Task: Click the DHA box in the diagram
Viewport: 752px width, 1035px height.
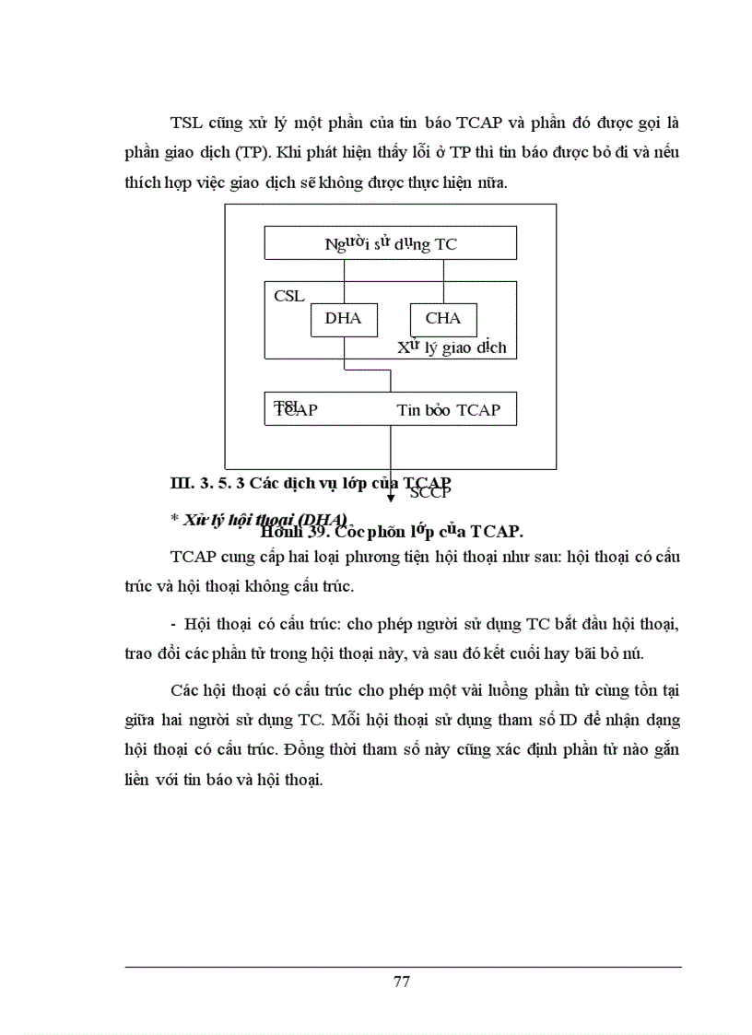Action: pyautogui.click(x=344, y=319)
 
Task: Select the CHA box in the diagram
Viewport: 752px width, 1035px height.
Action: pyautogui.click(x=443, y=319)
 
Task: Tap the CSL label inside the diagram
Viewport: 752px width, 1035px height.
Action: pyautogui.click(x=288, y=297)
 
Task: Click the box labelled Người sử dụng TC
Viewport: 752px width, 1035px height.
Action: pyautogui.click(x=390, y=243)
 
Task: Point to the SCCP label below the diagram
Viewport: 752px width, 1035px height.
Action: pyautogui.click(x=429, y=492)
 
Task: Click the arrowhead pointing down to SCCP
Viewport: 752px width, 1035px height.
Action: pyautogui.click(x=391, y=498)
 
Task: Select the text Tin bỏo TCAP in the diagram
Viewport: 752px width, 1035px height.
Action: pyautogui.click(x=448, y=410)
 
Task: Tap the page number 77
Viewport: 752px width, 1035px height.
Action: pyautogui.click(x=401, y=981)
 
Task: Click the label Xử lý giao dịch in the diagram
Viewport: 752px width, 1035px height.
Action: pyautogui.click(x=452, y=348)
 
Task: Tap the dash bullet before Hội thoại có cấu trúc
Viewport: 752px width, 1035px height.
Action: pyautogui.click(x=173, y=624)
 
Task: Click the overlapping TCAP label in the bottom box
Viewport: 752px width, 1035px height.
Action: pyautogui.click(x=295, y=410)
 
